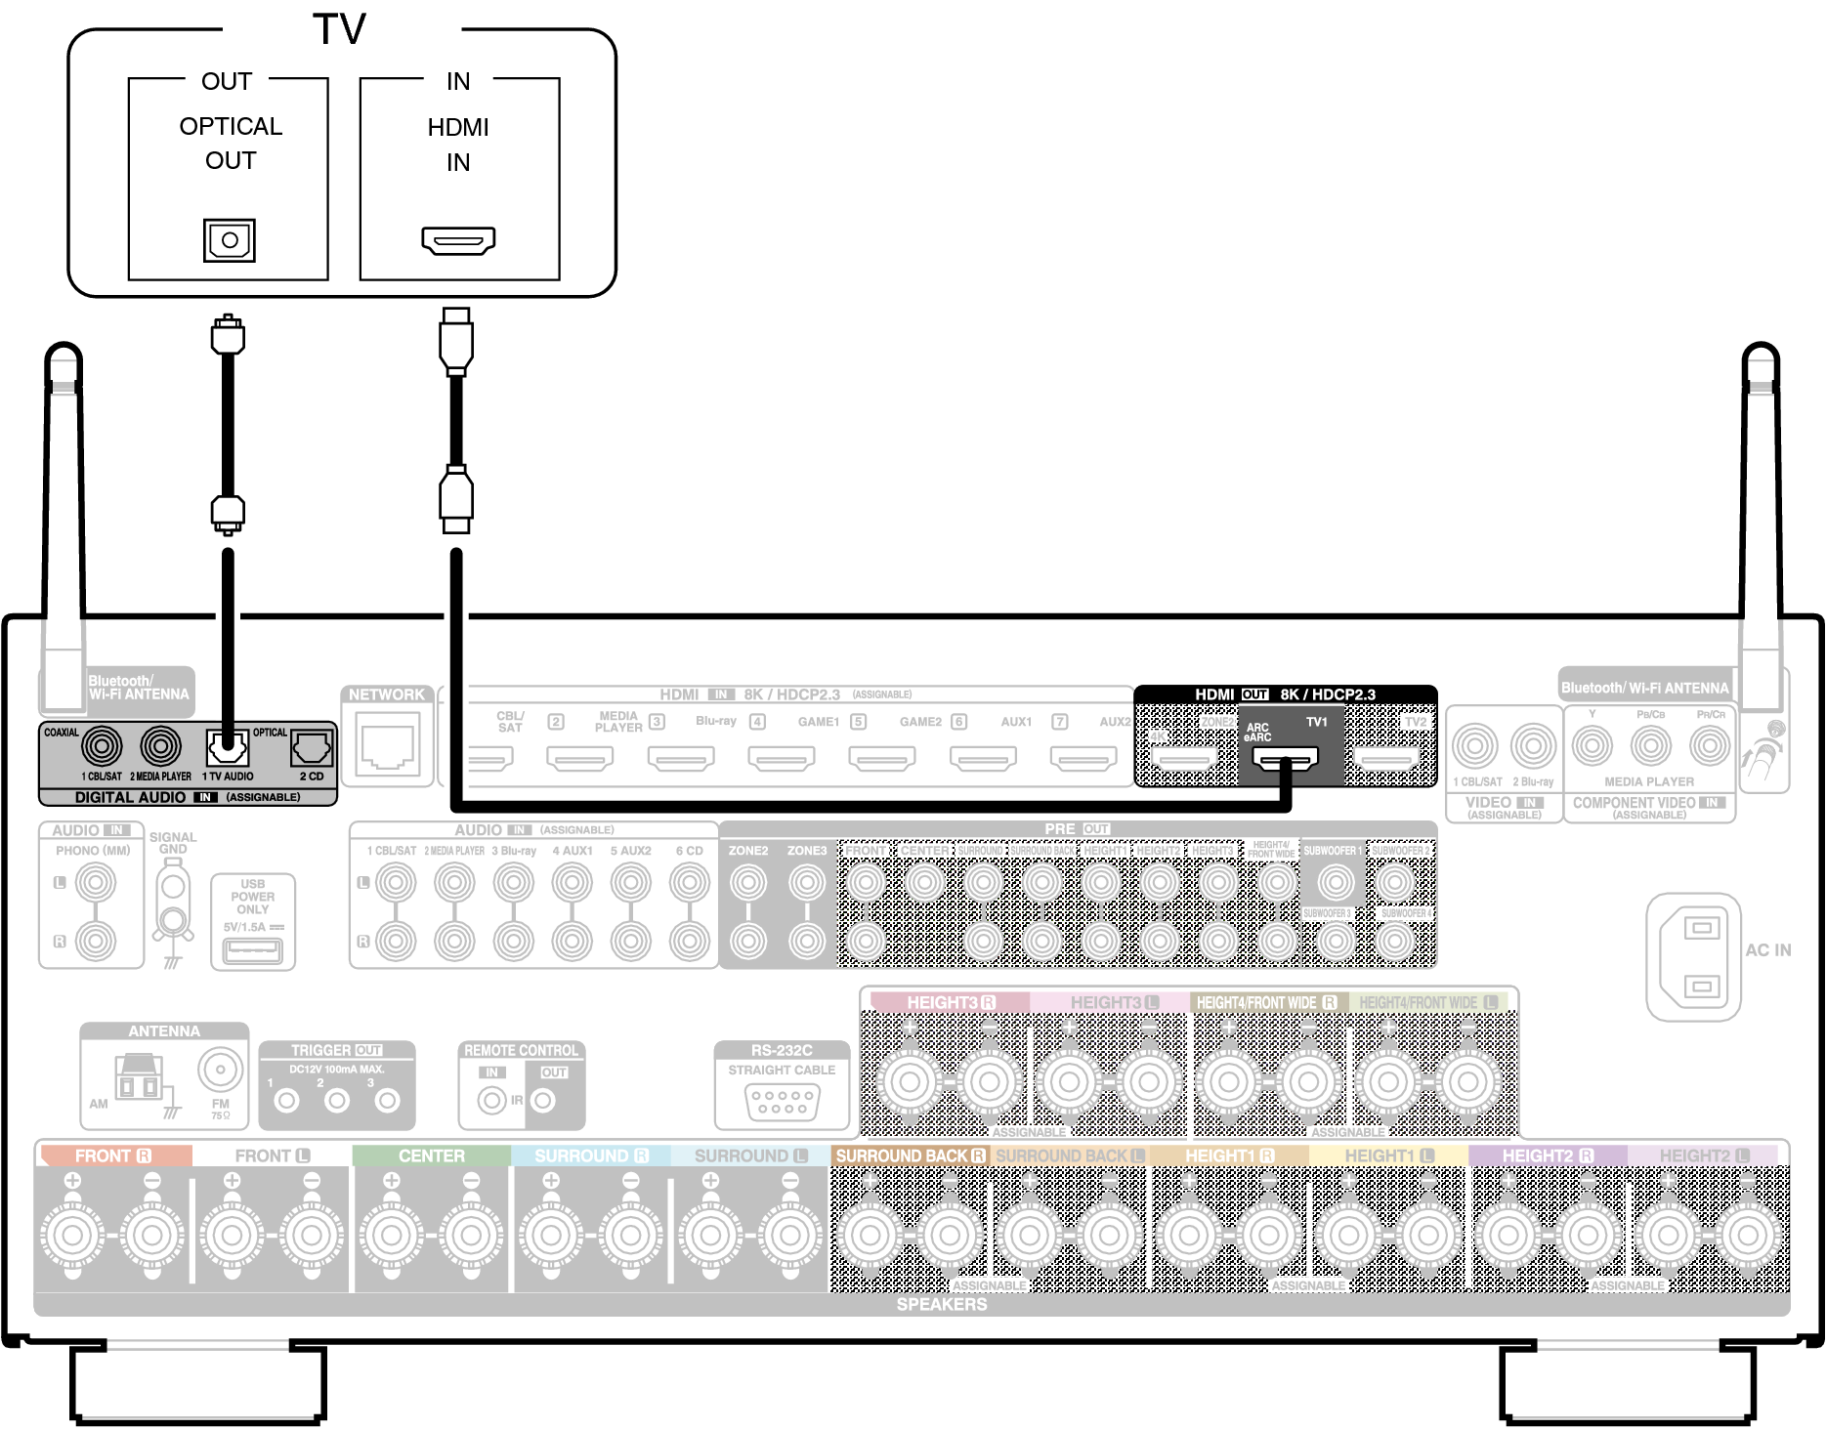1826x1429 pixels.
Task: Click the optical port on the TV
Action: [230, 240]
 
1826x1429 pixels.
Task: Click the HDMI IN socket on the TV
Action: [458, 239]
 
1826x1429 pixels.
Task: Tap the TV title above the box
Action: [340, 29]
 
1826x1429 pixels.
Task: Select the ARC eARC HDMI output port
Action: [1286, 758]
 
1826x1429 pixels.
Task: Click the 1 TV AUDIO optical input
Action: [228, 749]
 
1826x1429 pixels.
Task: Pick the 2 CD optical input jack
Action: [312, 749]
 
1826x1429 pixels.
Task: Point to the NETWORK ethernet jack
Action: [388, 743]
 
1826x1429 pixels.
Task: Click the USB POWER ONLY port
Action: [253, 949]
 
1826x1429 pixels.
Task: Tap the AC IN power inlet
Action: [1700, 957]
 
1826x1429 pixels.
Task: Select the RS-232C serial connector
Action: [782, 1103]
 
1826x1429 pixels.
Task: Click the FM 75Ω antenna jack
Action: [221, 1070]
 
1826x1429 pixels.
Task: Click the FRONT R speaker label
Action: [113, 1156]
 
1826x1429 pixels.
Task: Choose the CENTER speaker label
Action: [431, 1156]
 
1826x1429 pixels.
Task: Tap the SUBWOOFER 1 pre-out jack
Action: [1336, 882]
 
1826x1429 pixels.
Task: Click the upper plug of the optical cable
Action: [228, 336]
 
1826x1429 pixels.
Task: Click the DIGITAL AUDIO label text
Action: [130, 797]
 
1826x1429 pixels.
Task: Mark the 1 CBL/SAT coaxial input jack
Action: [103, 747]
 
